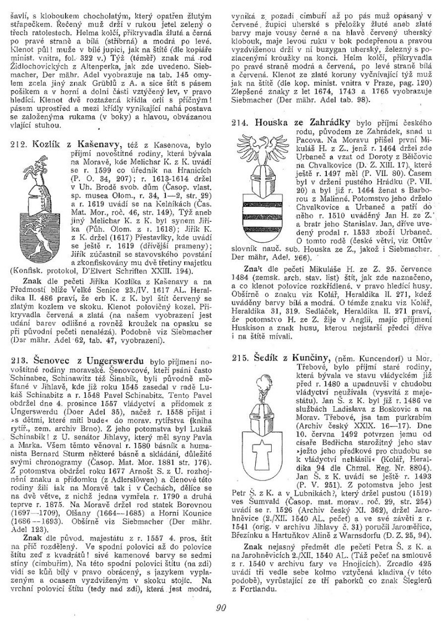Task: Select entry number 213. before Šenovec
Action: pos(19,360)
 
